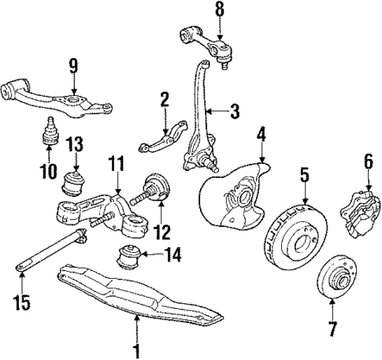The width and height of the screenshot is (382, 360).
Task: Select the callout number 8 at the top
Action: tap(220, 10)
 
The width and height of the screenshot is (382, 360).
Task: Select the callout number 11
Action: tap(117, 165)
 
